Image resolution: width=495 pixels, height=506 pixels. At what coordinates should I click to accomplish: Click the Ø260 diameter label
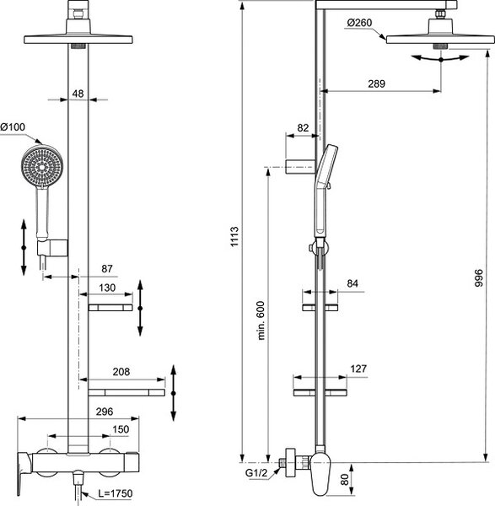(359, 23)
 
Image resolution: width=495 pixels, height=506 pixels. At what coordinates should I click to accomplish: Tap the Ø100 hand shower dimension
(13, 127)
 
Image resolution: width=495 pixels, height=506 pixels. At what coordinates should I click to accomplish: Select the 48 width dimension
(78, 94)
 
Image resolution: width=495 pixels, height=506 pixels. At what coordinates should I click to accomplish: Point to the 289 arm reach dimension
(377, 83)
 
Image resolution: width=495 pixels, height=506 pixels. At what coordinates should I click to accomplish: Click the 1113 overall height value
(234, 236)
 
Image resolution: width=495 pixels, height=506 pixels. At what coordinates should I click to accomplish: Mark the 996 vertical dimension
(479, 277)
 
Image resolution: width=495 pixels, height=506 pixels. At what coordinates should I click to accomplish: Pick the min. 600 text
(261, 320)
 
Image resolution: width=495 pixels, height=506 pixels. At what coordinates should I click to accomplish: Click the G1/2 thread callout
(256, 473)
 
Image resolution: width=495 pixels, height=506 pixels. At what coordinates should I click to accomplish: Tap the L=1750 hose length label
(116, 493)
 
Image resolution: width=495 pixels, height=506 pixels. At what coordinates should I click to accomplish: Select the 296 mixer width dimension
(105, 412)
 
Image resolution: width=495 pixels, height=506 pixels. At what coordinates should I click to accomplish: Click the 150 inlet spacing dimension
(121, 429)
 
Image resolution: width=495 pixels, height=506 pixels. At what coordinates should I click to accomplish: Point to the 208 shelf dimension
(121, 372)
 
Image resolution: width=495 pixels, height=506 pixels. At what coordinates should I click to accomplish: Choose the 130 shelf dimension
(107, 288)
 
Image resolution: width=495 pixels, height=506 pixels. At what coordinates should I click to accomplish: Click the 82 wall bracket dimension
(303, 128)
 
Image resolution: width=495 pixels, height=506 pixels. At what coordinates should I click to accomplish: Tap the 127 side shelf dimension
(358, 369)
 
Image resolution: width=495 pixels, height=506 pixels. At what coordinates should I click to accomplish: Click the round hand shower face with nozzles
(42, 166)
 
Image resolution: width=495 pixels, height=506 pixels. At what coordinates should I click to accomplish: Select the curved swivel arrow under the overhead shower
(440, 58)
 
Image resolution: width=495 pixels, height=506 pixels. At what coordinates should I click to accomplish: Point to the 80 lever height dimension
(345, 479)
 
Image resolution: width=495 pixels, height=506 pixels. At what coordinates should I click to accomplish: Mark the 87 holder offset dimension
(107, 268)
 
